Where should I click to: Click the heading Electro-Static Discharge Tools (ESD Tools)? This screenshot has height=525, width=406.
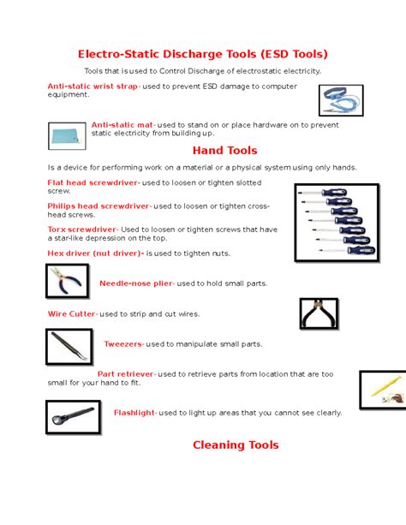tap(203, 53)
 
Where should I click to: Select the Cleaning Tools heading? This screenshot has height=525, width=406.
tap(236, 444)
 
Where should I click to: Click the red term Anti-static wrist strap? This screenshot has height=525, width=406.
tap(93, 87)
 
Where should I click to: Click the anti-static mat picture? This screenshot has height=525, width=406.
tap(66, 134)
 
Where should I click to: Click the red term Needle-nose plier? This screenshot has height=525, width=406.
tap(136, 283)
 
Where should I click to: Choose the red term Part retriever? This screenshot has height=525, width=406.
tap(125, 374)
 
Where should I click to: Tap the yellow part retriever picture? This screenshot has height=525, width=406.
tap(382, 389)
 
